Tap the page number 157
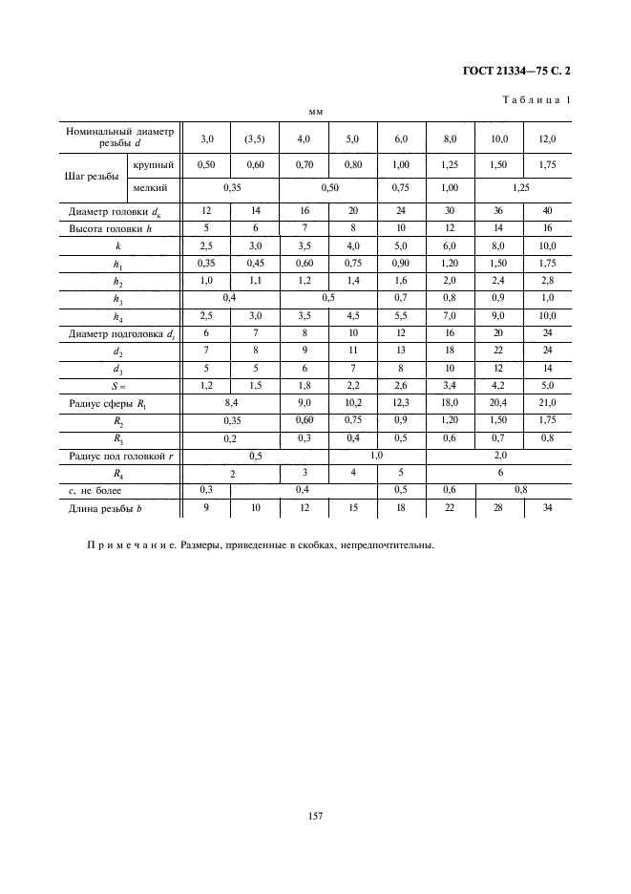pos(316,816)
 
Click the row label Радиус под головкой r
pos(118,456)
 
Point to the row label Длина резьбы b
pos(111,507)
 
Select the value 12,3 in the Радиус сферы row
pos(401,405)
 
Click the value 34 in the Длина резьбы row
pos(547,507)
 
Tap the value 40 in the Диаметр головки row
pos(547,211)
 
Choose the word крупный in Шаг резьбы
pos(153,164)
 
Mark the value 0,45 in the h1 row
pos(255,264)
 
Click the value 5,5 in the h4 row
pos(401,316)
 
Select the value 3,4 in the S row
pos(450,387)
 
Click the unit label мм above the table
pos(316,112)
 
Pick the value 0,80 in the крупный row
pos(352,164)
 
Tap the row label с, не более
pos(107,490)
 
